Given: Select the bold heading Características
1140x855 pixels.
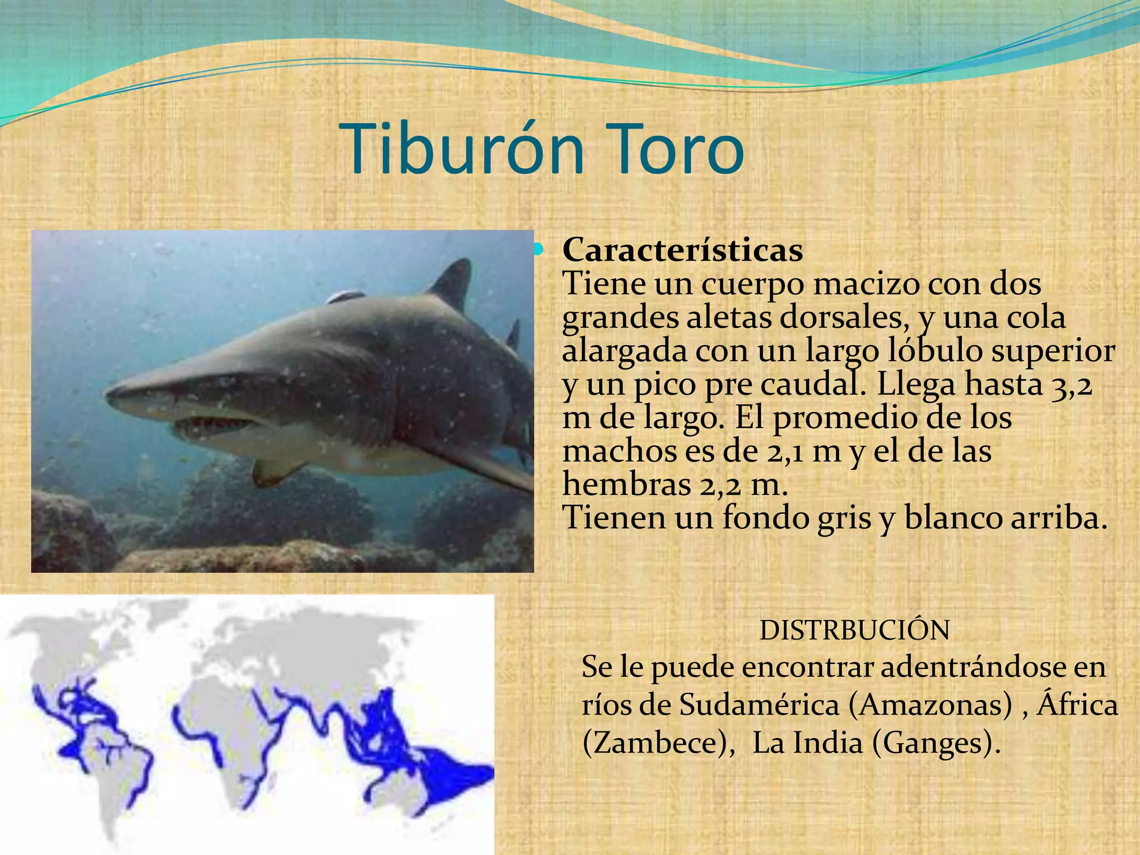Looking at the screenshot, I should tap(682, 250).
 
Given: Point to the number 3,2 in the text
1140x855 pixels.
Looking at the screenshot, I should tap(1072, 385).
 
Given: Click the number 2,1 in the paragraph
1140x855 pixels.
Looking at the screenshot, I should tap(785, 451).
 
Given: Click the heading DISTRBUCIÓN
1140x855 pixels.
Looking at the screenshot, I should tap(854, 631).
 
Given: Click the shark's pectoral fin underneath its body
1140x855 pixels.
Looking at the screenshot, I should tap(273, 470).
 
